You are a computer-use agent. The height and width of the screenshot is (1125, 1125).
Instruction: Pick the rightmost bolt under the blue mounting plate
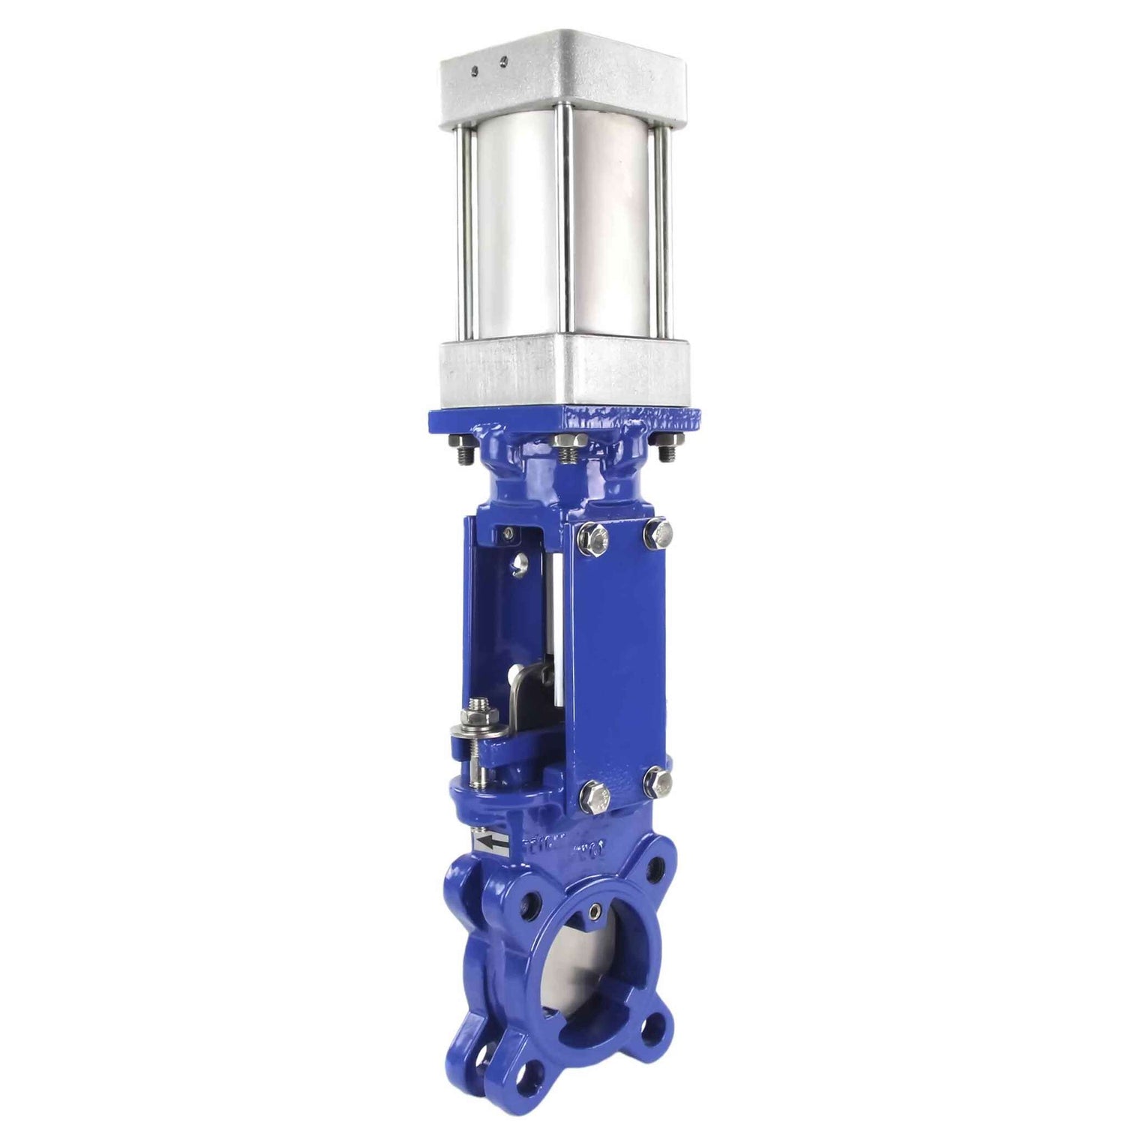666,450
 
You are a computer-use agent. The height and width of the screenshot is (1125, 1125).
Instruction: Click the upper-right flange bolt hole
659,868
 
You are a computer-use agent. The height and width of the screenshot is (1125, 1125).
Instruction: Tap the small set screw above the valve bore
594,911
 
